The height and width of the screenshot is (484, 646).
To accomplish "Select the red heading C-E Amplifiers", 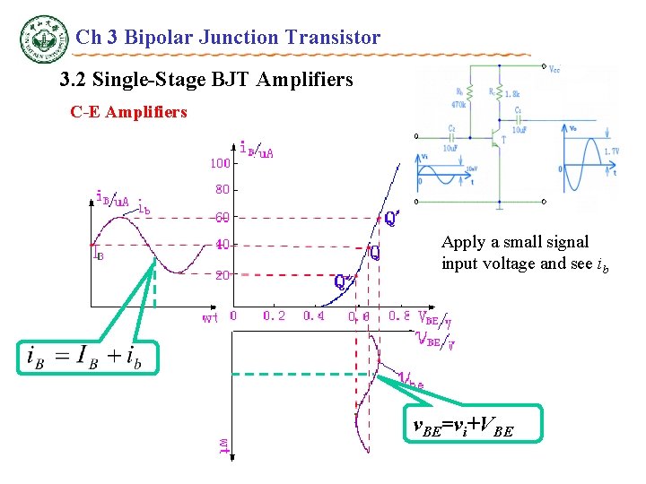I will [128, 112].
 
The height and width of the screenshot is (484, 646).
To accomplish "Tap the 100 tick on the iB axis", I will [220, 163].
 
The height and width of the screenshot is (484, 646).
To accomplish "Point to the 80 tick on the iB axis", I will [222, 190].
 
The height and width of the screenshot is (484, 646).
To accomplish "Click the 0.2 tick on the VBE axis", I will [274, 315].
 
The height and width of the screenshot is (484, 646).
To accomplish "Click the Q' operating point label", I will [392, 218].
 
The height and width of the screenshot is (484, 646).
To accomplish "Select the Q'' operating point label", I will [343, 281].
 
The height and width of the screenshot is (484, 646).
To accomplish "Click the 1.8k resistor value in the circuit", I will [511, 93].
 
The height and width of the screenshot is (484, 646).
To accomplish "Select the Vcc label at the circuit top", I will [554, 69].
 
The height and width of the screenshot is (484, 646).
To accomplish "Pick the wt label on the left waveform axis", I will [209, 316].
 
